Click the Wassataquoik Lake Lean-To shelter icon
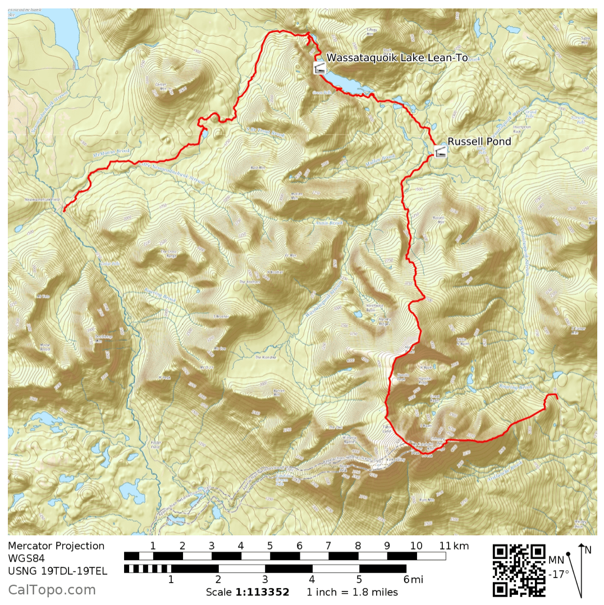click(319, 69)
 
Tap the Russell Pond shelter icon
click(441, 151)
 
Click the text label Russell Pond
click(479, 142)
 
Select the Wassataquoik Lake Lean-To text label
click(397, 57)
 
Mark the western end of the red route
click(63, 211)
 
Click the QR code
click(519, 570)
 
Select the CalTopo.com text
click(52, 590)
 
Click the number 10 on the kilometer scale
click(416, 545)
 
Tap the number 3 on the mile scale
click(264, 579)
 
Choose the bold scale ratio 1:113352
click(262, 592)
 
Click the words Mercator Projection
click(56, 546)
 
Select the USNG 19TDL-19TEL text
click(57, 571)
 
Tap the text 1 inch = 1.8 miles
click(352, 592)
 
